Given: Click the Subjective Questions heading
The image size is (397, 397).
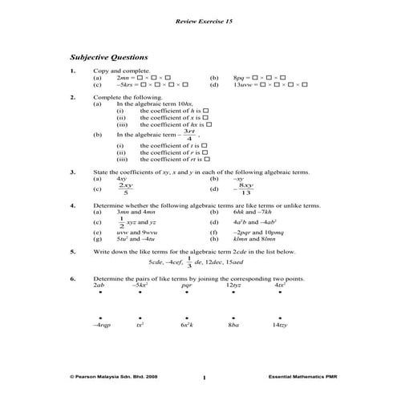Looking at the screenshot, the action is tap(109, 58).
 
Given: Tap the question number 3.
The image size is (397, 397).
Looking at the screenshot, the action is tap(73, 172).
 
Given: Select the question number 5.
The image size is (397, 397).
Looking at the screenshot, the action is tap(73, 251).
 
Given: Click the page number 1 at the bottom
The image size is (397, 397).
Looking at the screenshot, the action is tap(205, 376).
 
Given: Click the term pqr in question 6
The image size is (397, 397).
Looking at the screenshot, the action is tap(187, 285).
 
